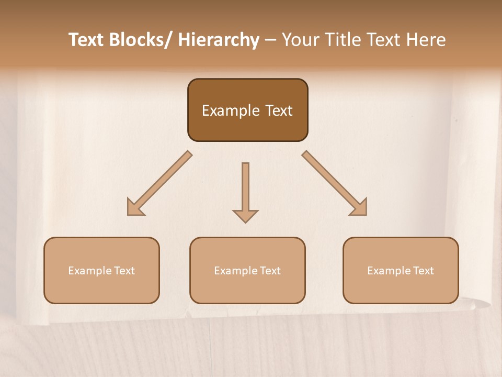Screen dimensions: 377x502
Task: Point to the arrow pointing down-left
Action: [159, 183]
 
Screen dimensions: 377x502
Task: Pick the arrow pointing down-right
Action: [335, 183]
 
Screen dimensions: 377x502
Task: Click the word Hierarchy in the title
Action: [219, 40]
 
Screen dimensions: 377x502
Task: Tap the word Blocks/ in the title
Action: [142, 40]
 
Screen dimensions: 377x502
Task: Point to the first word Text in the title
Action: [87, 40]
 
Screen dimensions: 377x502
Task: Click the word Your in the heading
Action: [300, 40]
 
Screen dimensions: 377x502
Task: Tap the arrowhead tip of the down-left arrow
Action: [129, 214]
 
